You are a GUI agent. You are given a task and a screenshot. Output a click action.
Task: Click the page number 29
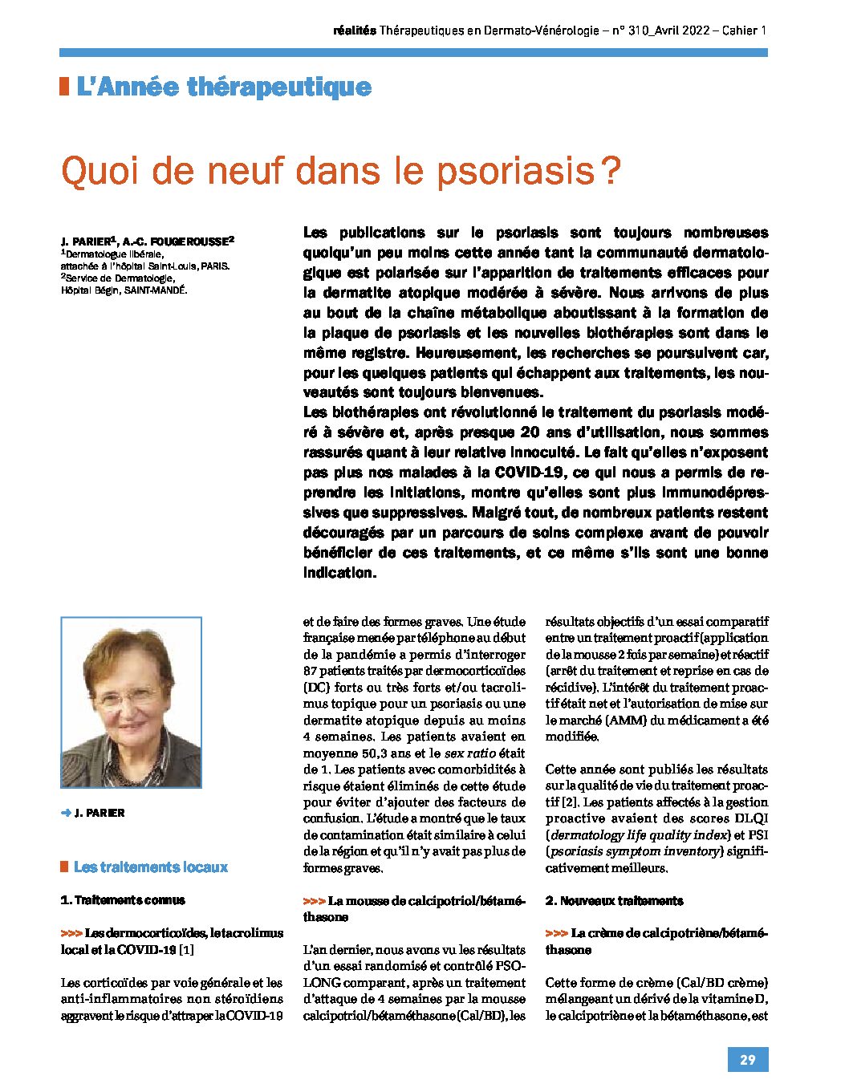pos(747,1059)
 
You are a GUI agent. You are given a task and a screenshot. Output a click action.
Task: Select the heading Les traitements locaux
pos(151,867)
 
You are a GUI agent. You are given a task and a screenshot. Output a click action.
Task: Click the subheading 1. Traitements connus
pos(123,900)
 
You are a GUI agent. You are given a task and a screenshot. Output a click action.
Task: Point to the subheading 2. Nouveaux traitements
pos(614,900)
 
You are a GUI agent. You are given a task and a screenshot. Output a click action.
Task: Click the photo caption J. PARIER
pos(100,813)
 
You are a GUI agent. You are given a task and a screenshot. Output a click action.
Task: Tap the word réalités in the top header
pos(354,30)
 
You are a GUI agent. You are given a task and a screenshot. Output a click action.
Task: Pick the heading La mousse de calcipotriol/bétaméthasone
pos(415,908)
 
